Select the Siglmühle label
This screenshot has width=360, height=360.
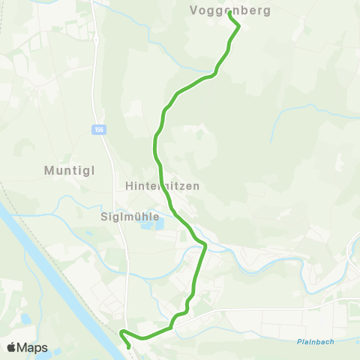point(130,217)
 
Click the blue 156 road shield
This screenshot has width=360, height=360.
point(98,130)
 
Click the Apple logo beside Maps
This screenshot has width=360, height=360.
point(12,347)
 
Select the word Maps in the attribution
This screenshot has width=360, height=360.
point(33,347)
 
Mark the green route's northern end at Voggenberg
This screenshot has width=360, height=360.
point(229,14)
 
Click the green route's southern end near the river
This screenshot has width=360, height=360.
point(130,346)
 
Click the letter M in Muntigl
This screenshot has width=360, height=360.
point(49,170)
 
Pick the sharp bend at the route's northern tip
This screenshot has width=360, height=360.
point(238,26)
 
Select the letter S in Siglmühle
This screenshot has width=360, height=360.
point(103,217)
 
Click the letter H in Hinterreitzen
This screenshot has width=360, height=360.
point(130,185)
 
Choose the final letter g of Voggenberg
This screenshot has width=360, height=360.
point(267,12)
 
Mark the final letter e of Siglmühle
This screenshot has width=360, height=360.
point(156,217)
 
